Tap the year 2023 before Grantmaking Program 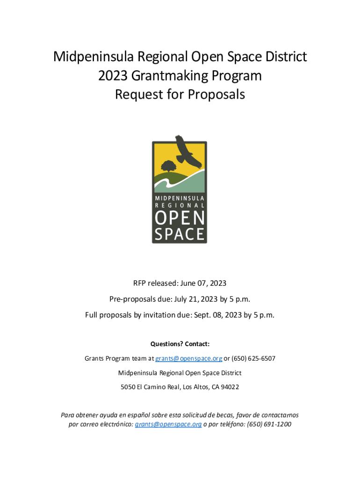[x=114, y=76]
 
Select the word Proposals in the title [x=216, y=94]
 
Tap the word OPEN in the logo [x=180, y=218]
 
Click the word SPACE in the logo [x=180, y=233]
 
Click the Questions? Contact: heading [x=180, y=344]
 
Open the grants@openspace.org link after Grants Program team [x=188, y=359]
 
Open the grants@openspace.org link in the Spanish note [x=168, y=424]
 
